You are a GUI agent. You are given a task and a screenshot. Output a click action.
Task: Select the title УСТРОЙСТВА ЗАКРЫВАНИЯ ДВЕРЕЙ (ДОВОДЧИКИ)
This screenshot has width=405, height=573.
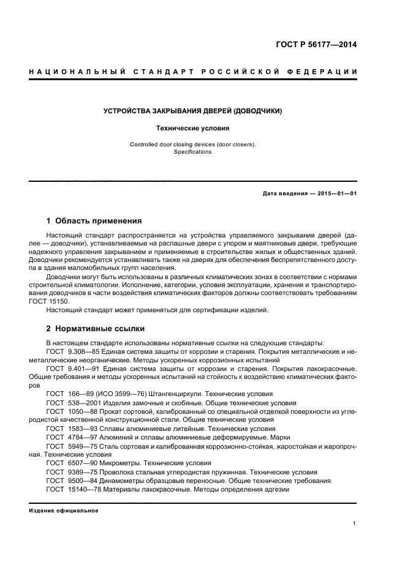193,111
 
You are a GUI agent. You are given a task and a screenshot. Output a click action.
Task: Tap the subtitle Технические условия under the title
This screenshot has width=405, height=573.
193,129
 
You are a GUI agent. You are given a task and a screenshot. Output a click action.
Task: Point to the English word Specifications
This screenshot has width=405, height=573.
193,152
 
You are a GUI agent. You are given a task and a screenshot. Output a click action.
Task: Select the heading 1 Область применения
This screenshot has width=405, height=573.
94,221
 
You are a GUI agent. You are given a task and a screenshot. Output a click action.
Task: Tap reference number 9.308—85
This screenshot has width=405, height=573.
84,352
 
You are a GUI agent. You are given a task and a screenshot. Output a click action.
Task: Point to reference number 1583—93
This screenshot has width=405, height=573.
81,429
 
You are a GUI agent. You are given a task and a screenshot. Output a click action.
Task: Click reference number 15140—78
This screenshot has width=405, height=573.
81,489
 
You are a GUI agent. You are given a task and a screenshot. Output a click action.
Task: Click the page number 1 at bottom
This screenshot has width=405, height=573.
355,523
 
